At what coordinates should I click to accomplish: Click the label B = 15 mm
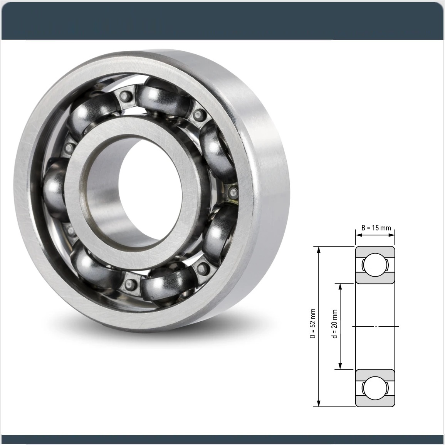(376, 228)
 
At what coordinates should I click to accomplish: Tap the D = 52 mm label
(312, 324)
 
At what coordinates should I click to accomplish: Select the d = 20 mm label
(334, 324)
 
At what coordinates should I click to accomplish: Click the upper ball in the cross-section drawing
(375, 265)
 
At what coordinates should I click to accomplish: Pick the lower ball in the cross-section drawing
(375, 388)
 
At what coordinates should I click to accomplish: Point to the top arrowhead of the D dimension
(319, 249)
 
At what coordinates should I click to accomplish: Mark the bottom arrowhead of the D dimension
(319, 403)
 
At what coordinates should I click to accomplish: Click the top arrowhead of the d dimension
(340, 286)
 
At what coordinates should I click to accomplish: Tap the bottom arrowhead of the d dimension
(340, 366)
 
